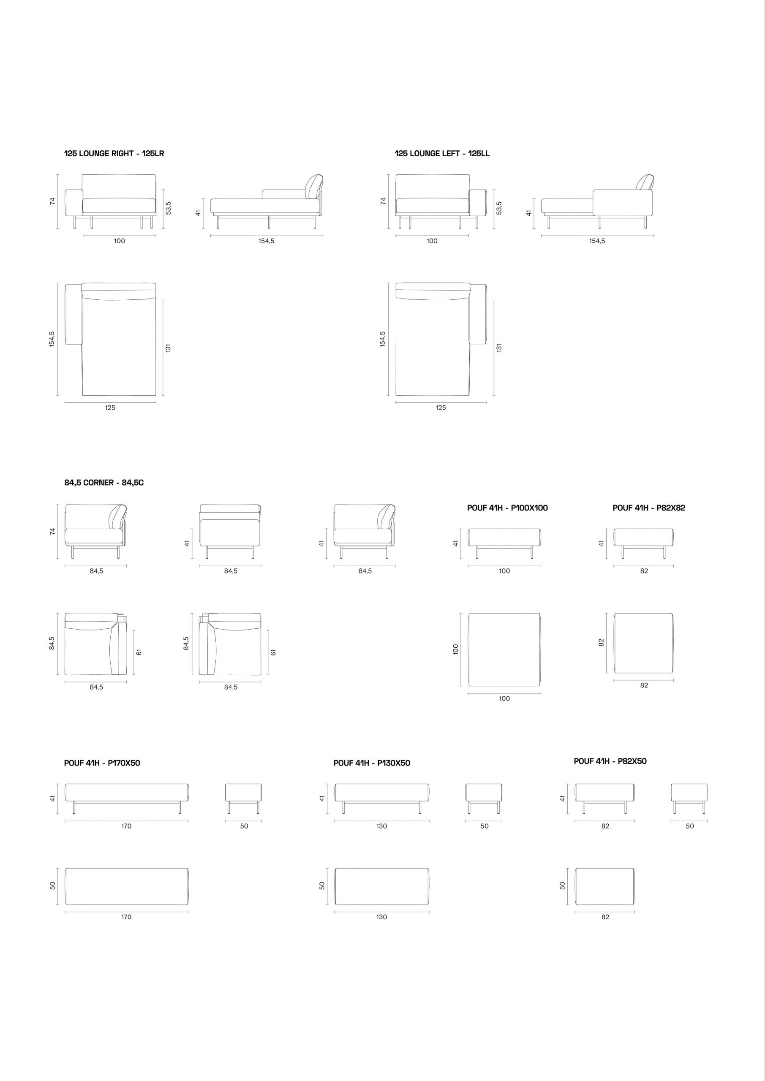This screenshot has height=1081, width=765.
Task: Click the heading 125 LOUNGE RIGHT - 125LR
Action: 114,153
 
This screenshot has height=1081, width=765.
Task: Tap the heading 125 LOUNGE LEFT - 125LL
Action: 442,153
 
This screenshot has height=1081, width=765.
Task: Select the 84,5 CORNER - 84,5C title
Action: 104,483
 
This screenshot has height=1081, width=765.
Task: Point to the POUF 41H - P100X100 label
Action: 507,508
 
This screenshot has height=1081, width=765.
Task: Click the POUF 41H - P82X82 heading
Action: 649,508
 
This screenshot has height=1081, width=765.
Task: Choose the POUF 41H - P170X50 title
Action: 102,763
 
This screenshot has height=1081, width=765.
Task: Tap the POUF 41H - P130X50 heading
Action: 372,763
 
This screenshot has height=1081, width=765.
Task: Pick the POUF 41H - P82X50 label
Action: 610,761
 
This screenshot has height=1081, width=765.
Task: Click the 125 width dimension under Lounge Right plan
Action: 110,408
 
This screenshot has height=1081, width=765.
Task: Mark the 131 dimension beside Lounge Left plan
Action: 499,348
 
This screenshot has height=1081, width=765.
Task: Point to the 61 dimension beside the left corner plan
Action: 139,652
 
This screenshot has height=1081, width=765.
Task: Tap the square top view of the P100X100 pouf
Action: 504,650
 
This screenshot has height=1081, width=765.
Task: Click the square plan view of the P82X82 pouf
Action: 643,643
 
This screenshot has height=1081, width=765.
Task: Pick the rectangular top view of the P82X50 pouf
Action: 605,887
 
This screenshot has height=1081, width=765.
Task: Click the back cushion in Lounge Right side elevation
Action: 314,187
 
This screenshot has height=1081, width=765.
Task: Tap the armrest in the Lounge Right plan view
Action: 74,315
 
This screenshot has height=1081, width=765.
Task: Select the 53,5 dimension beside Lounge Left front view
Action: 499,208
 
